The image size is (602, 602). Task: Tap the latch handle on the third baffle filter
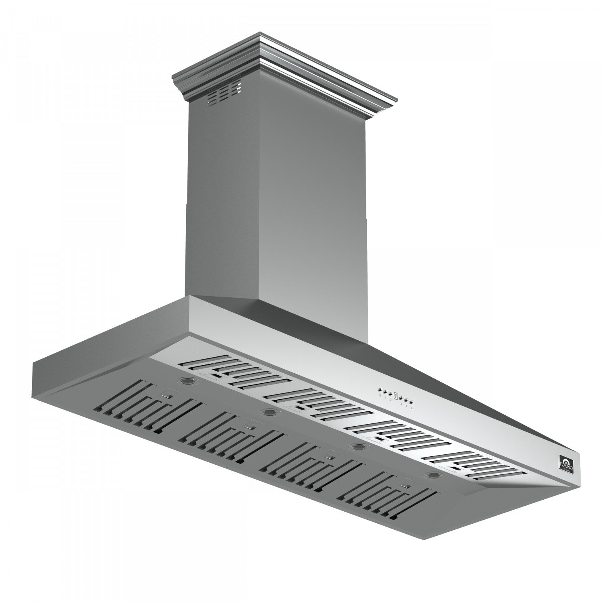click(x=330, y=456)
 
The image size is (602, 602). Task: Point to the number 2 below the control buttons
click(x=389, y=400)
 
